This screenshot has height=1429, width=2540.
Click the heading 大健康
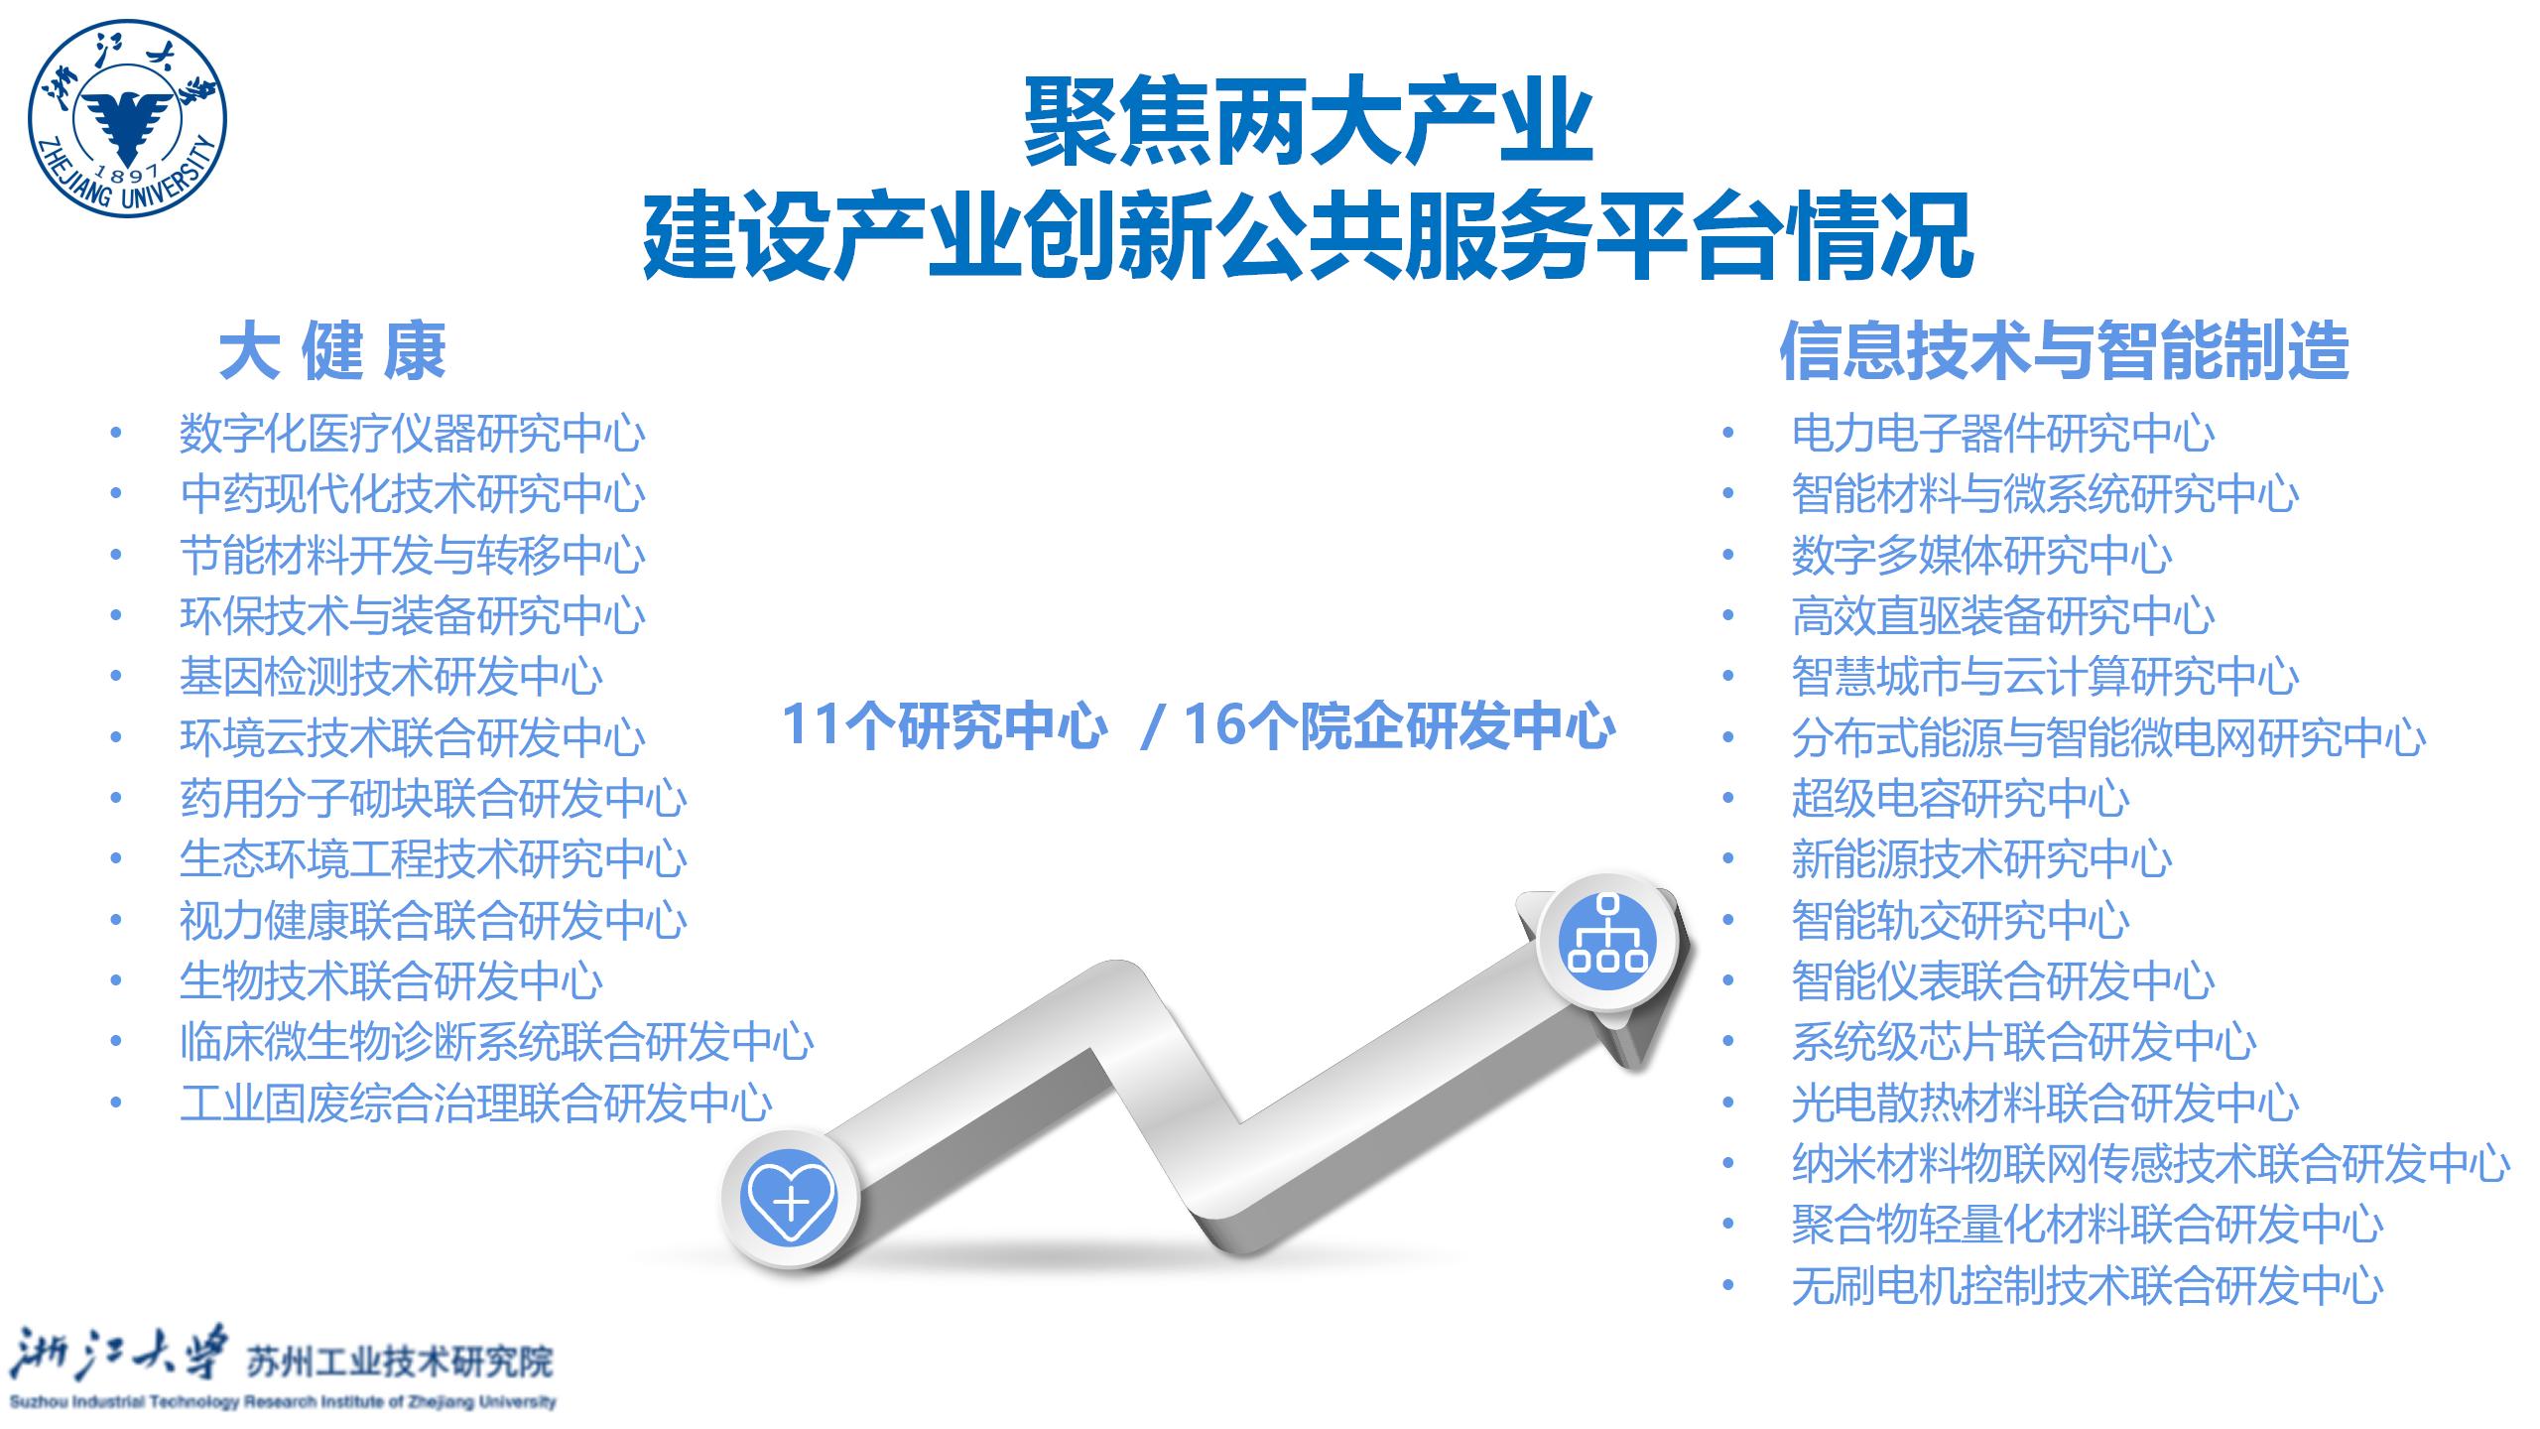(332, 351)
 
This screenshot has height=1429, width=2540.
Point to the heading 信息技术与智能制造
(2064, 351)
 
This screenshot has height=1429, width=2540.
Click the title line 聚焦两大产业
(1309, 123)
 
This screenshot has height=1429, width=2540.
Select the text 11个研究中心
(945, 725)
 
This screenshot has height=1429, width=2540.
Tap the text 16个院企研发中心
(1400, 725)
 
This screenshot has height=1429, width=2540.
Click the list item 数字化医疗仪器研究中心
(413, 434)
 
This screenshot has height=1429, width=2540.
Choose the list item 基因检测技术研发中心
(391, 677)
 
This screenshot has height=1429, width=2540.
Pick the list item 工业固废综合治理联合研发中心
(476, 1103)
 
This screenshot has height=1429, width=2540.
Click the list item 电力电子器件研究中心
(2003, 434)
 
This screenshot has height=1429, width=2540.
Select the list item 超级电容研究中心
(1961, 799)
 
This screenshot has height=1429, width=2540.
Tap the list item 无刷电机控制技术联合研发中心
(2088, 1286)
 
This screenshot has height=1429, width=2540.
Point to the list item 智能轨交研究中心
(1961, 920)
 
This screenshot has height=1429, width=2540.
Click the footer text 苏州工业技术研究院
(399, 1363)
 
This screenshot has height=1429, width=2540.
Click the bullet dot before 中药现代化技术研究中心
(116, 493)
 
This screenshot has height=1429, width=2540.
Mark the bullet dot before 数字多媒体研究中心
(1728, 555)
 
